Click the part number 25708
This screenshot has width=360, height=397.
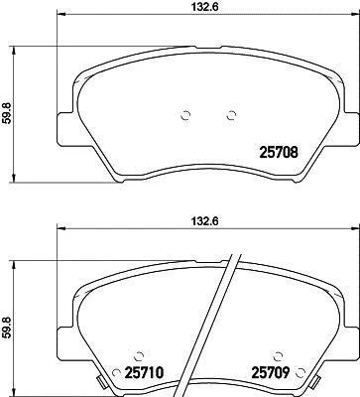280,152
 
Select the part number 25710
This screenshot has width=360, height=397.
144,373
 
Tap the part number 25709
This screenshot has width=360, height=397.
271,373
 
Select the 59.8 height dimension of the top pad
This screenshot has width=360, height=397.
6,113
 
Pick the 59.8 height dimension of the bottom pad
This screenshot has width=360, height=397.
6,328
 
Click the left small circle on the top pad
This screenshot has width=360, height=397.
186,115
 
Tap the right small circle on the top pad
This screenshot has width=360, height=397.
231,115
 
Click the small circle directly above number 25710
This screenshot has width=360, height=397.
139,356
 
